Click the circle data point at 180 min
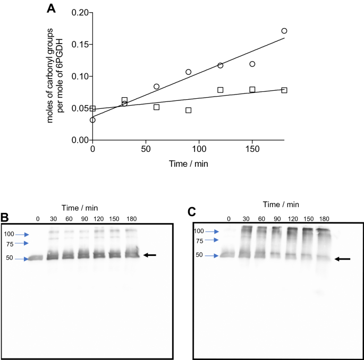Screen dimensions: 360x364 [284, 31]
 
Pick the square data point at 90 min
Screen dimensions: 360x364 [188, 110]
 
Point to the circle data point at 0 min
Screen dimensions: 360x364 [93, 120]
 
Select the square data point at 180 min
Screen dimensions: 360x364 [284, 90]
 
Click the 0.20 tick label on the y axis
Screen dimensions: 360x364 [79, 12]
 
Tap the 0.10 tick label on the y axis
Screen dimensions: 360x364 [79, 76]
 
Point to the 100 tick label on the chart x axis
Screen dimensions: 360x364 [199, 151]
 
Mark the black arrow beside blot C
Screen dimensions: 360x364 [343, 259]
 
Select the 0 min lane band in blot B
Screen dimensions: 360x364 [36, 258]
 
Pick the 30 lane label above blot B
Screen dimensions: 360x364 [53, 219]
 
